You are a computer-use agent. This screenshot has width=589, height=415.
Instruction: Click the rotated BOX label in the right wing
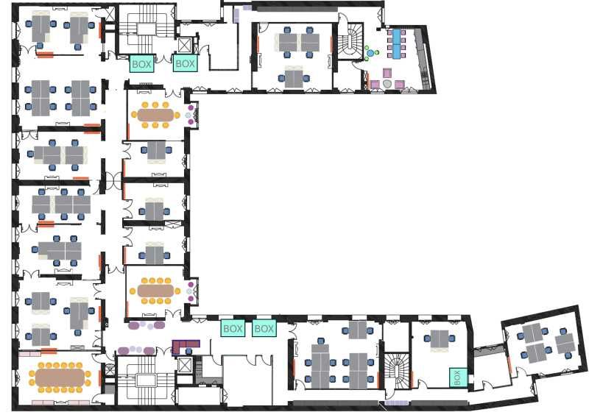tap(457, 377)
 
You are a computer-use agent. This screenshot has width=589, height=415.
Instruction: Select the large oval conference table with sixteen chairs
tap(60, 378)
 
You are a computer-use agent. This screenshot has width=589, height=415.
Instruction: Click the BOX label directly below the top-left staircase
tap(141, 64)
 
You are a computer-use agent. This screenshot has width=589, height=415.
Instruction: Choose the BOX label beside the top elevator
tap(186, 64)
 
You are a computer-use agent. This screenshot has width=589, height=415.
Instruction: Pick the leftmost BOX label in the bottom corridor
tap(233, 328)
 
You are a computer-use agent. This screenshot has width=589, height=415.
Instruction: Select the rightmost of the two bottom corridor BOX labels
tap(264, 328)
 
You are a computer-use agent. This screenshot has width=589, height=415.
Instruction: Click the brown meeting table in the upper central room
tap(156, 115)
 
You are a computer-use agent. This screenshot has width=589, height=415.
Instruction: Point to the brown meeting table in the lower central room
tap(155, 291)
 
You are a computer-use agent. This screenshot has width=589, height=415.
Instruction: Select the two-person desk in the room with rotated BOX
tap(441, 340)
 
